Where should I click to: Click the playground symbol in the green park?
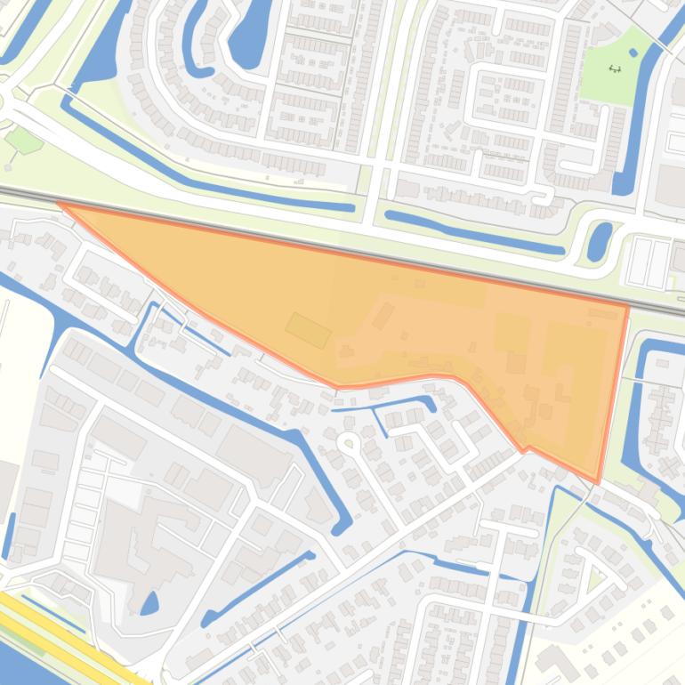(615, 68)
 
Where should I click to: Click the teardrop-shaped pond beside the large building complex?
(149, 603)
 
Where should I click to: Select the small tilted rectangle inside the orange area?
(308, 330)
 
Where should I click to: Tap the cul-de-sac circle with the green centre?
(348, 442)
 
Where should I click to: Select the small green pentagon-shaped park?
(23, 140)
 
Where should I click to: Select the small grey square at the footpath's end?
(9, 166)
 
